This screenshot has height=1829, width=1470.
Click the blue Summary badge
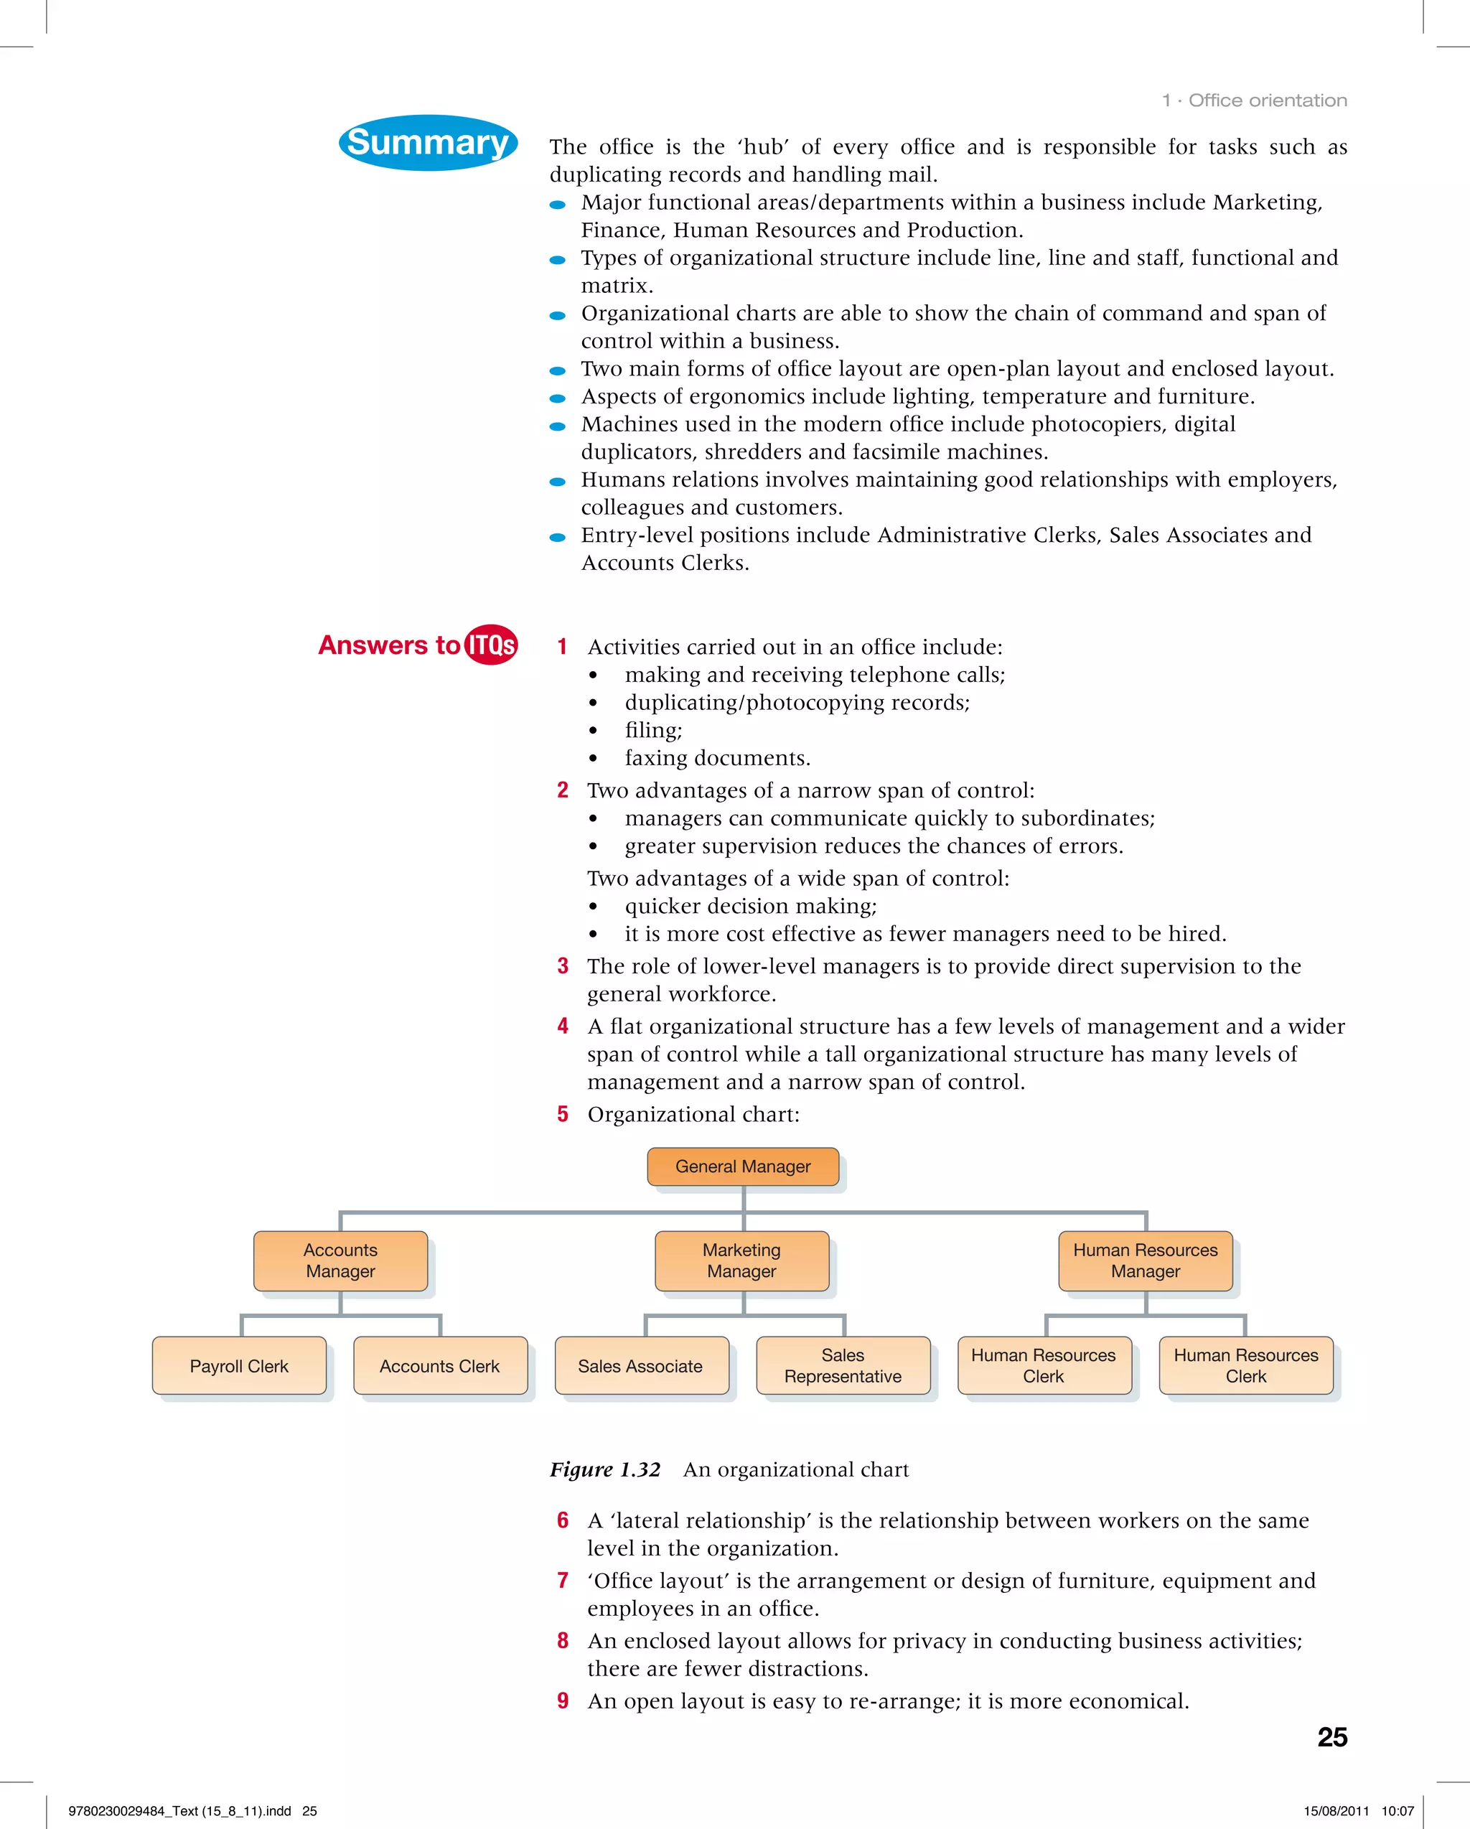[428, 143]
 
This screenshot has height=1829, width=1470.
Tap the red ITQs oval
[491, 645]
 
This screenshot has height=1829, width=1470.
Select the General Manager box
[742, 1166]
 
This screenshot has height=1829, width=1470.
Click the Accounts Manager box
[340, 1260]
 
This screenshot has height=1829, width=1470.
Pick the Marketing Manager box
[741, 1260]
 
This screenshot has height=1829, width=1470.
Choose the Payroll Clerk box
[239, 1366]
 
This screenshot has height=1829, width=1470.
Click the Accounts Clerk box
[439, 1366]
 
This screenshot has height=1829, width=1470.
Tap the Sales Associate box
[640, 1366]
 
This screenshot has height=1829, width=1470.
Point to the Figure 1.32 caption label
[605, 1469]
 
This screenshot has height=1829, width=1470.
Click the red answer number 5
[563, 1114]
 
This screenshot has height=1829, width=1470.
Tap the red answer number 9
[563, 1701]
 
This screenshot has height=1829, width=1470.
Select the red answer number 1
[563, 647]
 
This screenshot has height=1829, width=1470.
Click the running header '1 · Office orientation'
[1255, 100]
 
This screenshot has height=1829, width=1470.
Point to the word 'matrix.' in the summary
[617, 286]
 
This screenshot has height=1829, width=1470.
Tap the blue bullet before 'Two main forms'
[557, 370]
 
